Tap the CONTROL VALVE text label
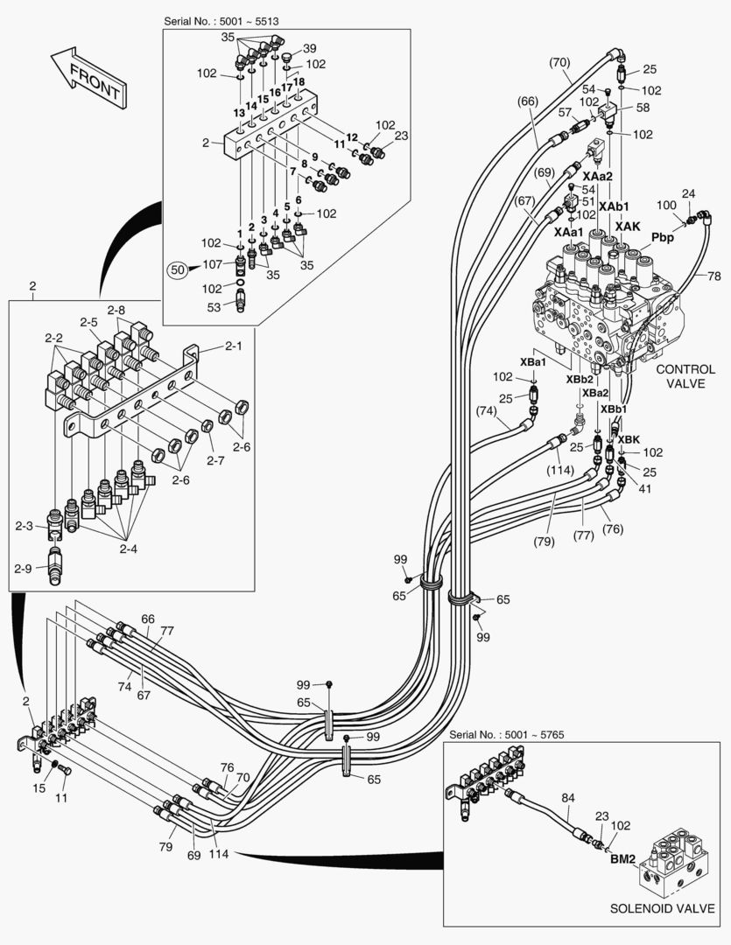(x=685, y=376)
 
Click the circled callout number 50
(x=178, y=270)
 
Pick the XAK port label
(x=628, y=226)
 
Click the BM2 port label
(x=622, y=858)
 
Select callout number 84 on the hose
(x=568, y=797)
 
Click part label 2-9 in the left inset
(x=24, y=569)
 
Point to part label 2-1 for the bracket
(x=233, y=346)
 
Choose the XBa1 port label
(x=533, y=361)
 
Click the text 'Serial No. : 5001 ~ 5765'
(x=506, y=734)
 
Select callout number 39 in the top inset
(x=310, y=48)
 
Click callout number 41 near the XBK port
(x=646, y=490)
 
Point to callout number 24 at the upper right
(x=688, y=193)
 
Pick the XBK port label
(x=629, y=438)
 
